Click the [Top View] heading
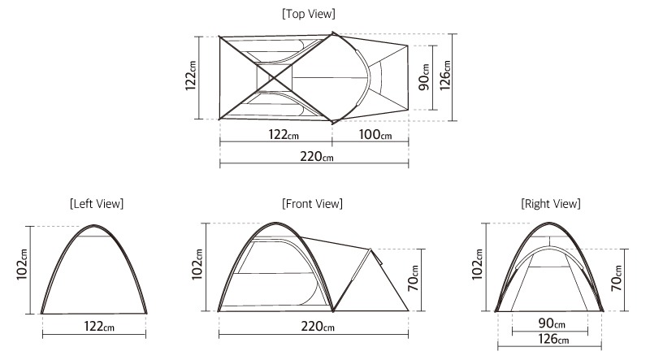point(309,14)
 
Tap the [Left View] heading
point(97,204)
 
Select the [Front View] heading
point(312,204)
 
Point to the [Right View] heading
point(551,204)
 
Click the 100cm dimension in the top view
point(375,134)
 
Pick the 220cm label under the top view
point(317,156)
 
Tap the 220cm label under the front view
point(318,327)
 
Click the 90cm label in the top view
point(424,77)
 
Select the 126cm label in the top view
point(444,76)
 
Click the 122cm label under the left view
point(99,327)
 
